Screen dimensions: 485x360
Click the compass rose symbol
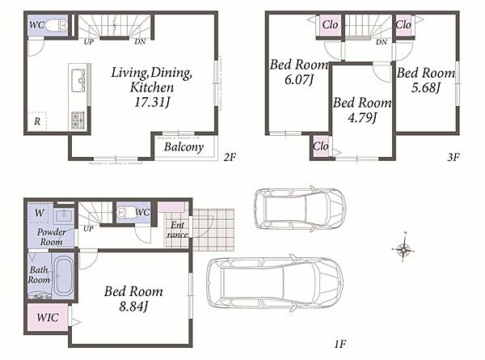[403, 248]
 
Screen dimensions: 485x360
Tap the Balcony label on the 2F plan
[183, 147]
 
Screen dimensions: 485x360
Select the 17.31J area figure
[152, 102]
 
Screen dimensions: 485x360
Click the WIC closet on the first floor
[48, 317]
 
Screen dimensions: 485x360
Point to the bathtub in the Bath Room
[63, 276]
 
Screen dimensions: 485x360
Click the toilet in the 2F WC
[57, 25]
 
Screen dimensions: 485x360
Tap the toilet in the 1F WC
[126, 212]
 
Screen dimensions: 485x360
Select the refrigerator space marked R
[37, 121]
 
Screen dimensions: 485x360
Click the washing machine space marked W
[40, 213]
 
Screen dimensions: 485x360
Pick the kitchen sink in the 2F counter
[78, 80]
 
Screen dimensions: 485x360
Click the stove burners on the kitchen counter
[78, 120]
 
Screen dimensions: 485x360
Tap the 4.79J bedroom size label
[362, 117]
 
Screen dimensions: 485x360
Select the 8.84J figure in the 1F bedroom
[133, 307]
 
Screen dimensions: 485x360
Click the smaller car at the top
[300, 210]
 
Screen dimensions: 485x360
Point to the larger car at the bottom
[275, 282]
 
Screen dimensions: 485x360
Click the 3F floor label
[453, 157]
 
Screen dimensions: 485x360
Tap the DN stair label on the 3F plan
[382, 42]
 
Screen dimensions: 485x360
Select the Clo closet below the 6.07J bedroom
[321, 146]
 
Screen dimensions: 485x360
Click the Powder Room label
[52, 237]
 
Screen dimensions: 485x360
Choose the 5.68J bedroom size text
[426, 88]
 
